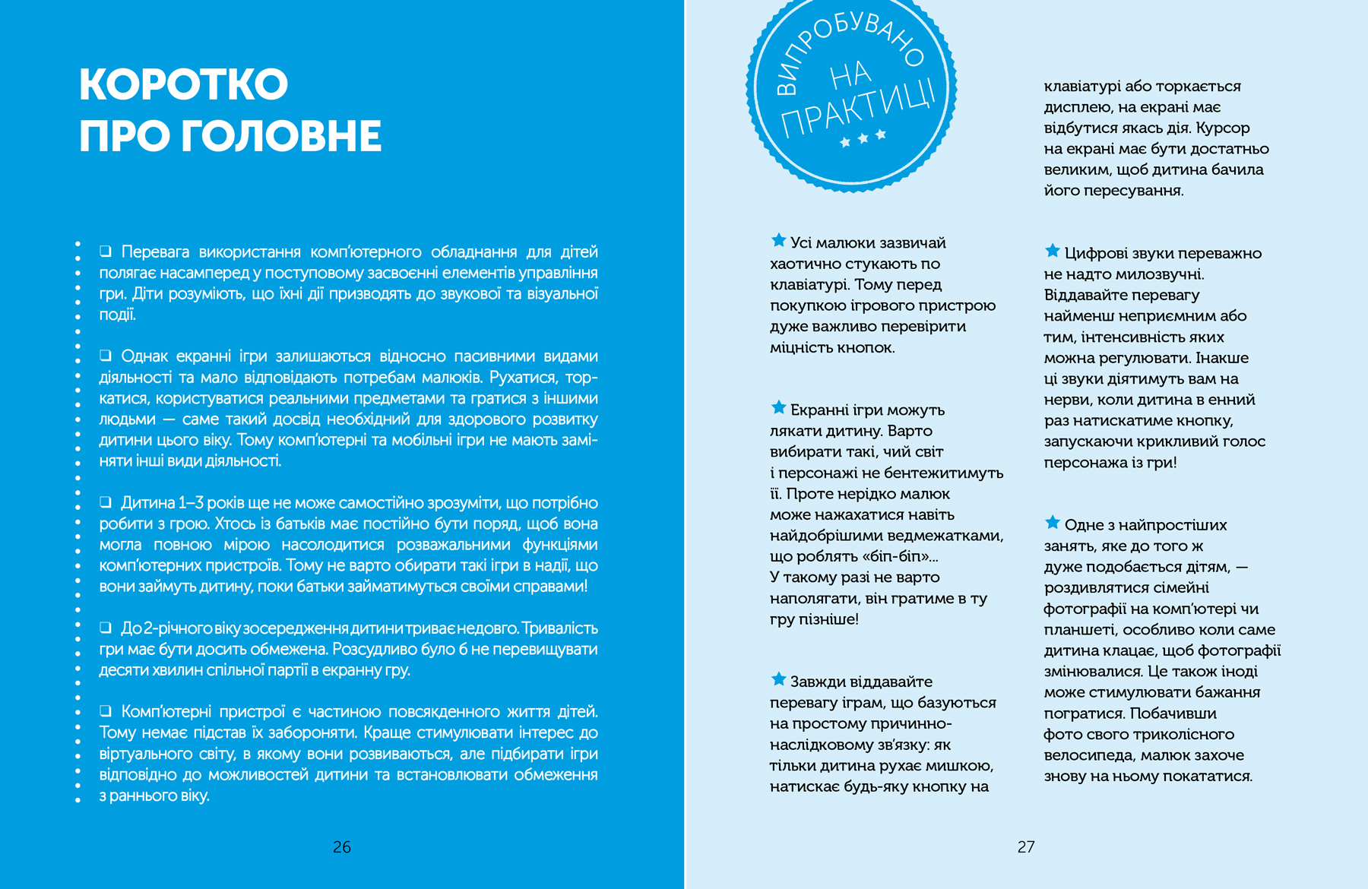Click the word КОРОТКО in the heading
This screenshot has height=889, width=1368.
pos(183,84)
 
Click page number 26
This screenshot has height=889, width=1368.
pos(342,846)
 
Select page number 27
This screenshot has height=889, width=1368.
pos(1026,846)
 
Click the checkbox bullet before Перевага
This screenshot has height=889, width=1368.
pos(106,252)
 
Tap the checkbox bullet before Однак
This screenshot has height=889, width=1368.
pos(106,356)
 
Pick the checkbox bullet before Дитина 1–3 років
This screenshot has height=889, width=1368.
pos(106,502)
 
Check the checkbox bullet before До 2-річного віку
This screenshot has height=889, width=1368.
pos(106,628)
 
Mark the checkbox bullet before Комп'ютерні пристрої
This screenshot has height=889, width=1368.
pos(106,711)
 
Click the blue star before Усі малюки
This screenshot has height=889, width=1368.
pos(778,241)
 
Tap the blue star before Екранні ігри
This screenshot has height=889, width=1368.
pos(778,408)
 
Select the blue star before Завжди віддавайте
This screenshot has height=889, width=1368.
pos(778,679)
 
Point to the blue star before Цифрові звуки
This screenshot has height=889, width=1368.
pos(1053,251)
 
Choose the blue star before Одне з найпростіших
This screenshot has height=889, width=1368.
pos(1053,523)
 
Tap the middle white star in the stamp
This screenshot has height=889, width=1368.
pos(863,138)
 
